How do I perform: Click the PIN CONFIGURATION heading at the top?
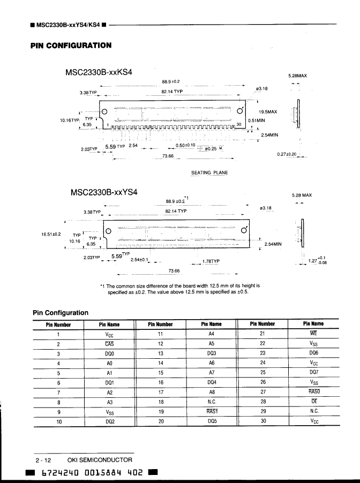point(71,46)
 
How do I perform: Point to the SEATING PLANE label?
point(209,172)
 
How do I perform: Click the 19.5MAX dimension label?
point(268,112)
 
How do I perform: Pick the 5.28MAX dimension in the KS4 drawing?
point(297,76)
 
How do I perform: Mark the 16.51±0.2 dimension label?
point(51,234)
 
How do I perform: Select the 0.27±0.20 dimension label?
point(288,154)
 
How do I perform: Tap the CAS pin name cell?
point(110,343)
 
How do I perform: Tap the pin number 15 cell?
point(160,372)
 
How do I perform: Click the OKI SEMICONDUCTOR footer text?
point(100,459)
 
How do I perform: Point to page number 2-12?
point(43,459)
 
